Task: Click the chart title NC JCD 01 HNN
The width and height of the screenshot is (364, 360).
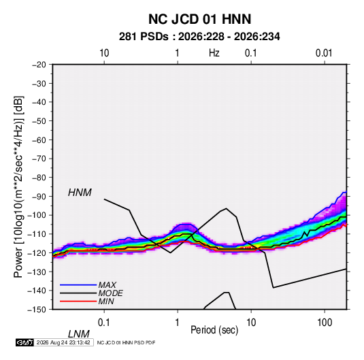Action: [x=199, y=19]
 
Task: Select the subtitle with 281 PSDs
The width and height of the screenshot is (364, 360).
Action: [x=199, y=37]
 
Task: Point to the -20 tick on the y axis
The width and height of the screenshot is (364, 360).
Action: [x=39, y=65]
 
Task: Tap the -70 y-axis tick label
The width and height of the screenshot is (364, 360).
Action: [x=39, y=159]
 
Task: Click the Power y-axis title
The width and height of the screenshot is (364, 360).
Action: [x=18, y=187]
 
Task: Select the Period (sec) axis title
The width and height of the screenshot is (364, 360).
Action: [x=214, y=330]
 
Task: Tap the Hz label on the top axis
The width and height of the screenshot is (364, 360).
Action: [x=214, y=53]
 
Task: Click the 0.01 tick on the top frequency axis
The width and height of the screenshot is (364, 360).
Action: [x=324, y=53]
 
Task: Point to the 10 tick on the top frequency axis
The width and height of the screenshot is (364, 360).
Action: [x=104, y=53]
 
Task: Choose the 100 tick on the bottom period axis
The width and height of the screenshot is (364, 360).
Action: [x=325, y=323]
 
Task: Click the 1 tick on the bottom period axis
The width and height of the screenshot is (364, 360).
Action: [x=178, y=323]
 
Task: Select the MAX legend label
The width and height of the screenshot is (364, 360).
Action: [x=107, y=285]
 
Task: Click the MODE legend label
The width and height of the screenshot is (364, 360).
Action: [x=110, y=293]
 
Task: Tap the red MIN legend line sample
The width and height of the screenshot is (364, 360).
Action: [x=78, y=301]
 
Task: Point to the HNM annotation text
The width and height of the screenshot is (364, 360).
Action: [x=80, y=193]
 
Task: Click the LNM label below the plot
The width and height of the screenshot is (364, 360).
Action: [x=79, y=334]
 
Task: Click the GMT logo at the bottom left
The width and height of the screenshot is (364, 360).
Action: [x=24, y=342]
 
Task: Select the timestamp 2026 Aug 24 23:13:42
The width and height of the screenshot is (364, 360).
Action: [x=63, y=342]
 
